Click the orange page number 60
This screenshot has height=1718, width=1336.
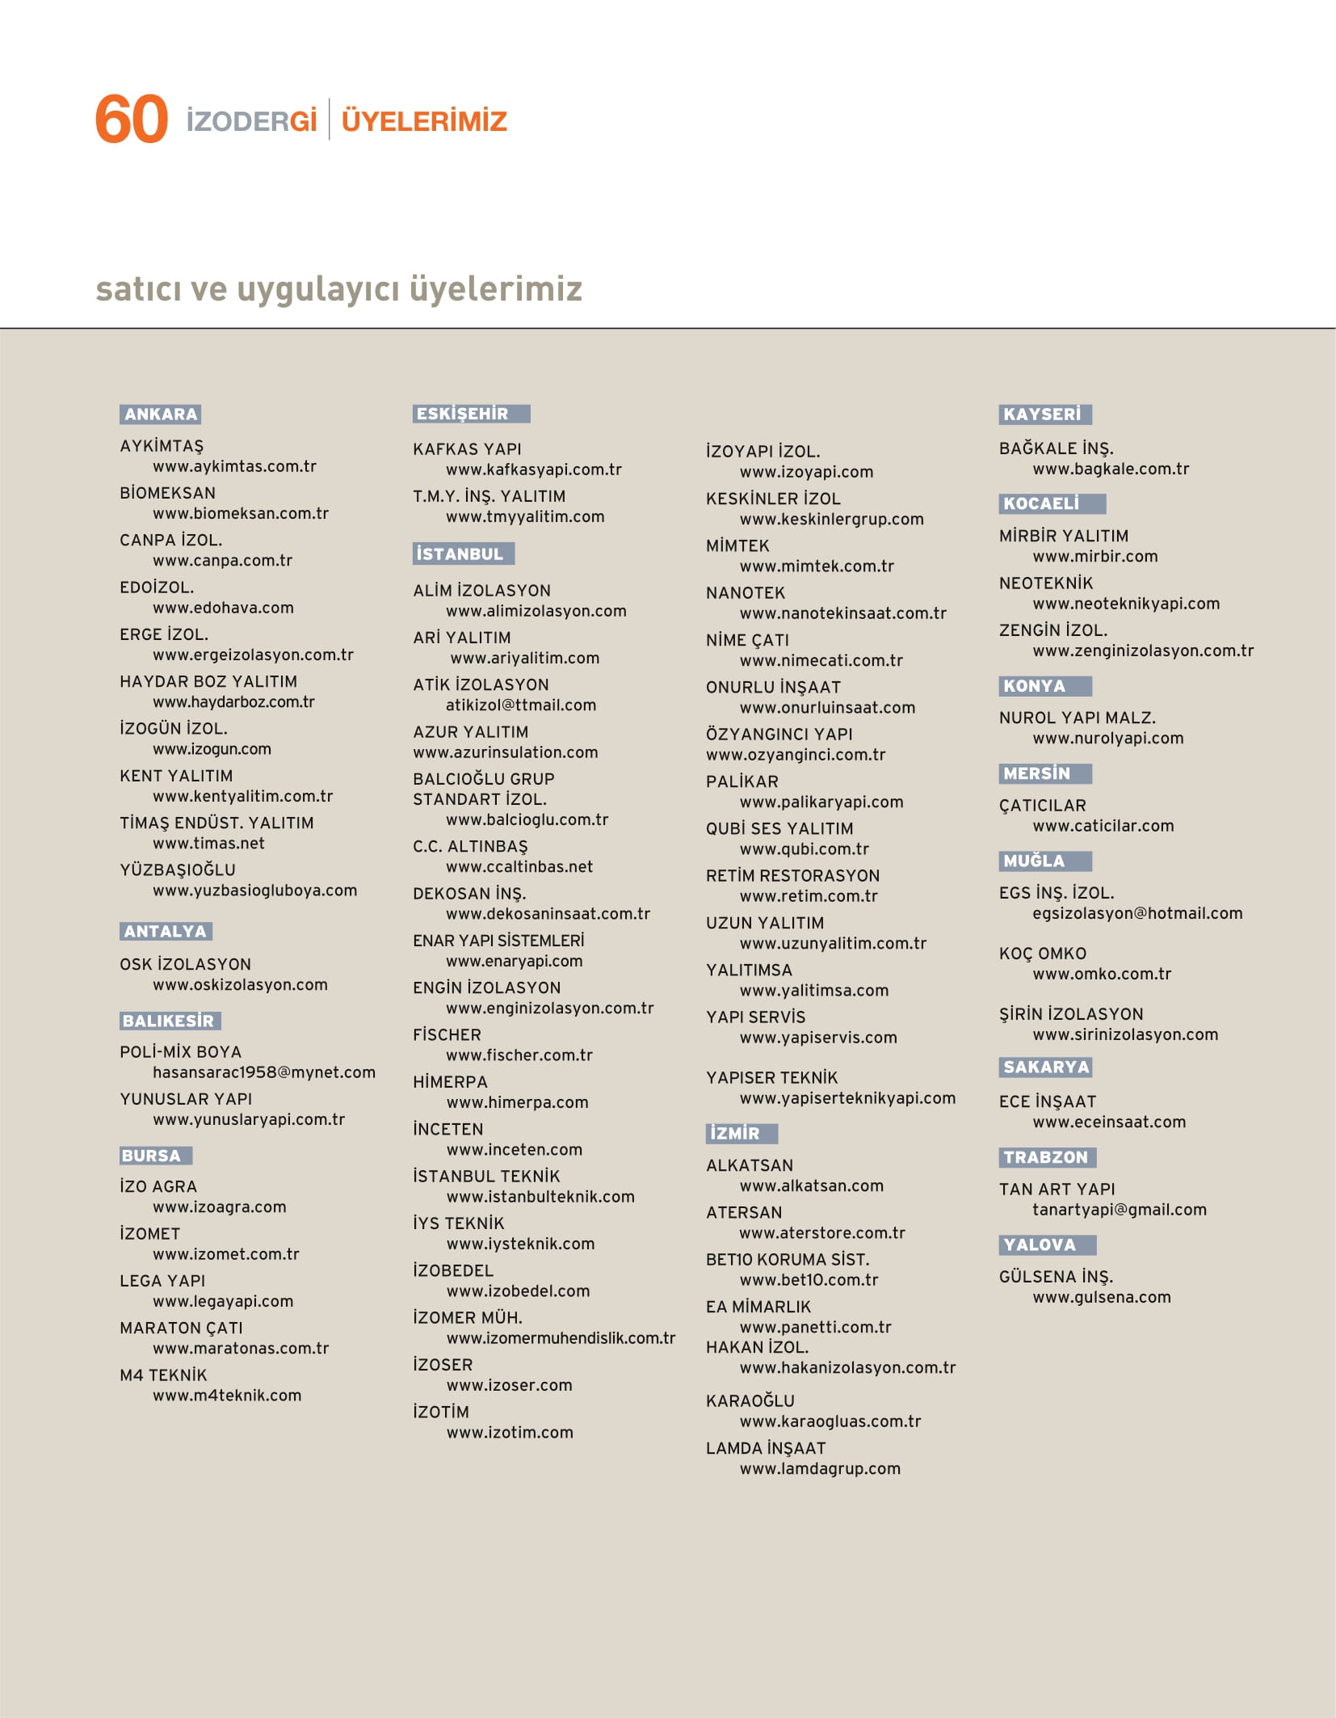[131, 120]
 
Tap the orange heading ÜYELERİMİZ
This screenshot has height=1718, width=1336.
[424, 121]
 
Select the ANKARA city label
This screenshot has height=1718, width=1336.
[161, 415]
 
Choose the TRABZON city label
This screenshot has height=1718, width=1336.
[1046, 1157]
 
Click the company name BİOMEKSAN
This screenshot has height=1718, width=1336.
[167, 493]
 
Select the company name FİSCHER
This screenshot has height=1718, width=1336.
[447, 1034]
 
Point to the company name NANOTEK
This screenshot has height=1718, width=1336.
[745, 593]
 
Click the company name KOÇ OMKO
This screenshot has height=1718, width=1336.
[1042, 954]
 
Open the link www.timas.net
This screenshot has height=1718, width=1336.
[208, 843]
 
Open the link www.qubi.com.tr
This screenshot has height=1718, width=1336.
[804, 848]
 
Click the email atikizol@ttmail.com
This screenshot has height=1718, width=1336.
[520, 705]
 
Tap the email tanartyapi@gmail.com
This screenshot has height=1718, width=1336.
[1119, 1210]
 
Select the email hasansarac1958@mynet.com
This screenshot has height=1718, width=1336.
[263, 1072]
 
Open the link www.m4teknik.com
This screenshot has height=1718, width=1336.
[227, 1396]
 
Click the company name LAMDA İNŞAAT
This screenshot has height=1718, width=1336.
[765, 1448]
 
